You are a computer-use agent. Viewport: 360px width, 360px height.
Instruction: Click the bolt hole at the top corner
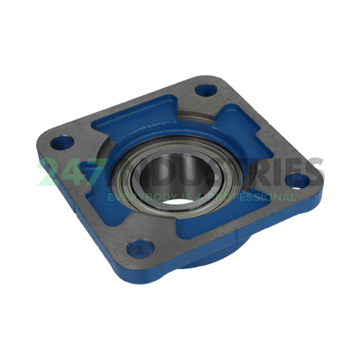point(207,92)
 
